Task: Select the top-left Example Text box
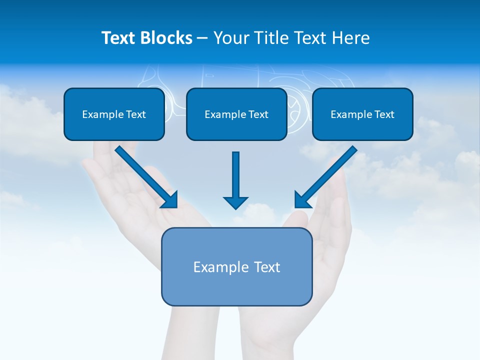coord(114,114)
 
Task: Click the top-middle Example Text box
coord(236,114)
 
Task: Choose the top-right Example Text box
coord(362,114)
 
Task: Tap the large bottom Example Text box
coord(236,266)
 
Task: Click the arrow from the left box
coord(145,176)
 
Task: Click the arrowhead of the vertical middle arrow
coord(235,202)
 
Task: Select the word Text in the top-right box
coord(383,114)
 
